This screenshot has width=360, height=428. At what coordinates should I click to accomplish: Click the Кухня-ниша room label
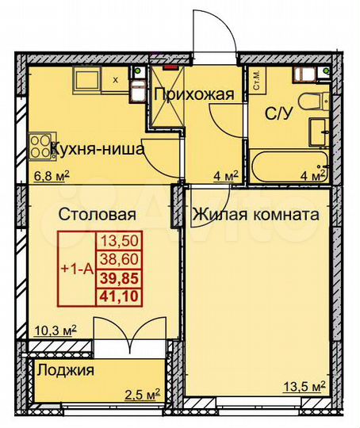[x=97, y=148]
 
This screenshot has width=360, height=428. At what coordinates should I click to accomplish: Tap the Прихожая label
[x=194, y=95]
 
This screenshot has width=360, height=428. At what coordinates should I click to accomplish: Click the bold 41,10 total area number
[x=113, y=295]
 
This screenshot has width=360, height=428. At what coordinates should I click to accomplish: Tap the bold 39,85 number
[x=113, y=277]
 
